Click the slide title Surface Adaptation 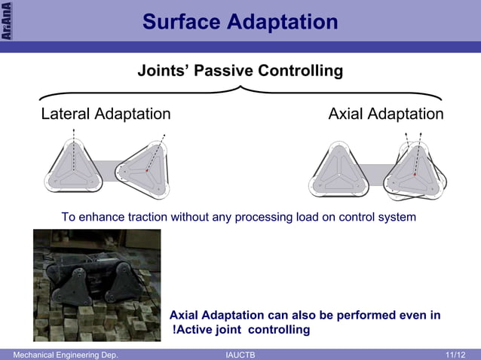pos(240,22)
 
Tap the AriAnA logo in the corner pos(6,20)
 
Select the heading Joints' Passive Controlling pos(240,72)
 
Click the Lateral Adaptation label pos(106,114)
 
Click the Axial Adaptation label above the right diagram pos(386,114)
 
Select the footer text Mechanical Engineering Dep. pos(60,354)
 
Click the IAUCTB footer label pos(240,354)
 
